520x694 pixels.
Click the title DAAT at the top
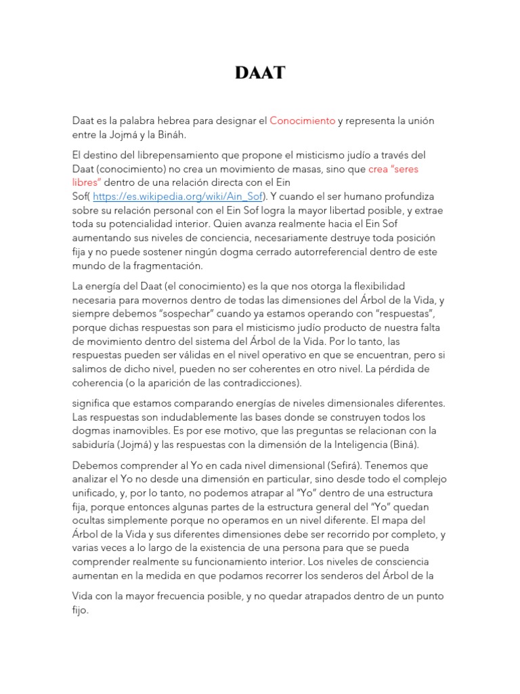click(260, 73)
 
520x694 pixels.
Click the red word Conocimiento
click(302, 121)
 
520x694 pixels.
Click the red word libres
click(85, 182)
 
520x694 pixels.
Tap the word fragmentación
click(154, 266)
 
